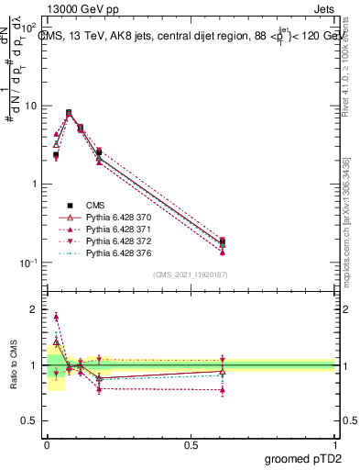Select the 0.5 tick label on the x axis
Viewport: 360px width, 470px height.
(x=191, y=444)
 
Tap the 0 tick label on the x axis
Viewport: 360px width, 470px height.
(x=46, y=444)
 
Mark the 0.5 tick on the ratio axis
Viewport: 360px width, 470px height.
(x=31, y=421)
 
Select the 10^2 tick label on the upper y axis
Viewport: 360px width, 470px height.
(x=30, y=28)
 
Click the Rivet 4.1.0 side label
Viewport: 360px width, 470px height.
(x=349, y=64)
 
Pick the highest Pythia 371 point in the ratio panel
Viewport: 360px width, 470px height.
(x=56, y=317)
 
